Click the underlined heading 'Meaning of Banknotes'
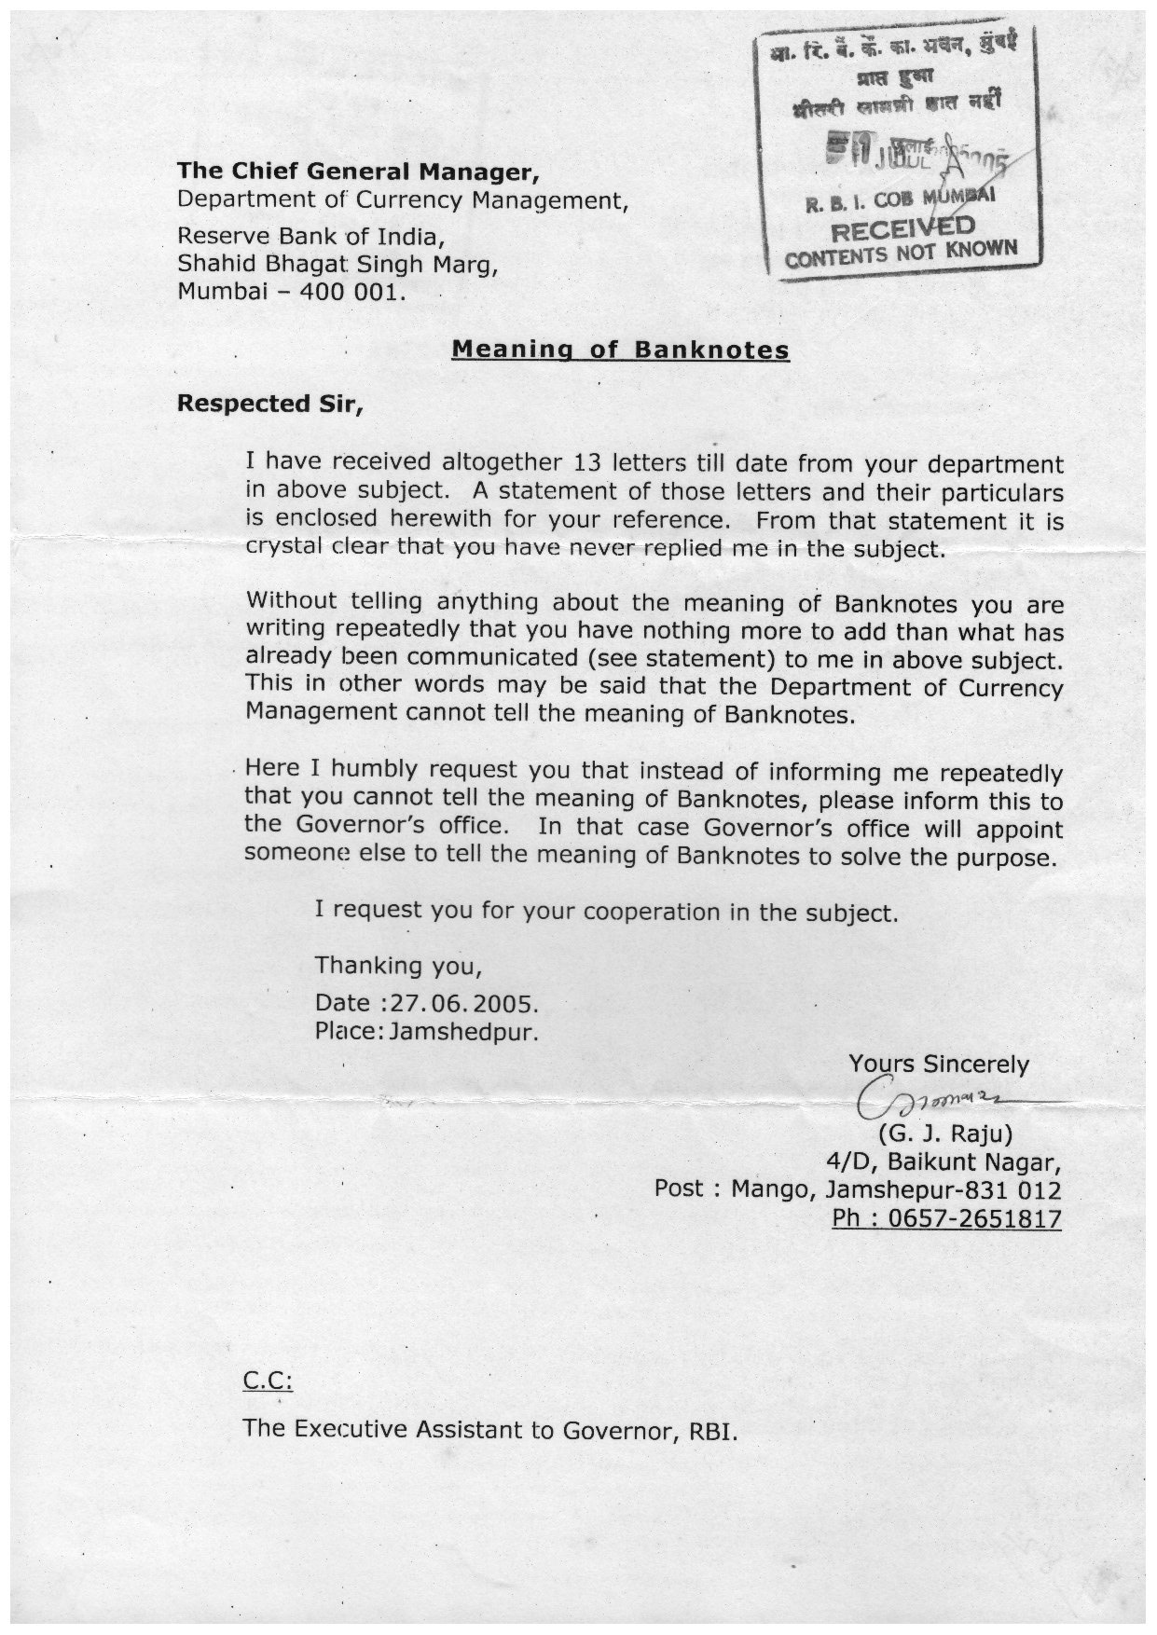click(x=620, y=350)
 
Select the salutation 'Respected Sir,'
click(x=270, y=405)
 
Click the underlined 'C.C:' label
click(x=268, y=1381)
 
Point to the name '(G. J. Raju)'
click(x=944, y=1134)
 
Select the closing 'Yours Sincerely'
click(x=939, y=1065)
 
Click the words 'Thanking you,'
click(x=398, y=965)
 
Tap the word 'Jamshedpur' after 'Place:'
click(x=464, y=1032)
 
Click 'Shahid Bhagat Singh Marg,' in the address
click(x=338, y=265)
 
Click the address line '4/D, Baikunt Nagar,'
click(x=943, y=1162)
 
